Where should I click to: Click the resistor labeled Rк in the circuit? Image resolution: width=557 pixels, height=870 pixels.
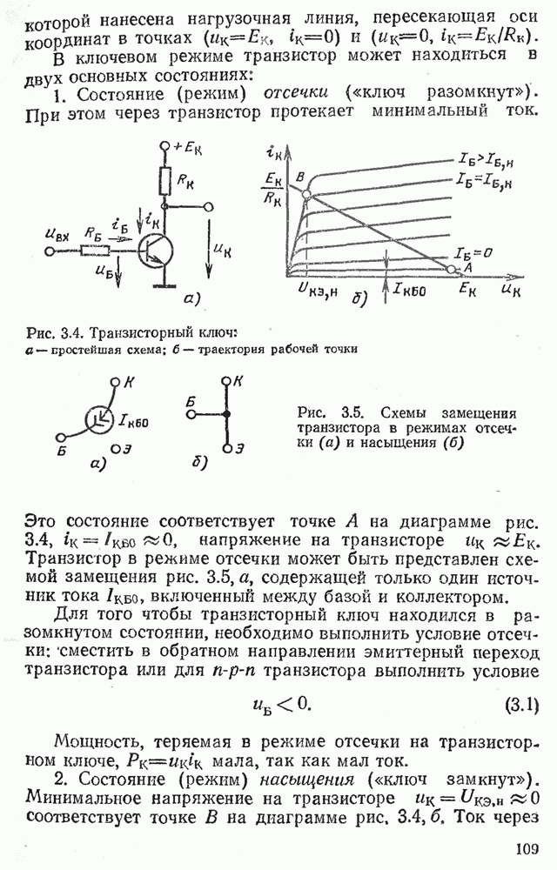point(165,180)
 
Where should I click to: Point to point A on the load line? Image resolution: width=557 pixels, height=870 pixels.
point(451,270)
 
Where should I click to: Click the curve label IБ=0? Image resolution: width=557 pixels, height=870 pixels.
point(474,252)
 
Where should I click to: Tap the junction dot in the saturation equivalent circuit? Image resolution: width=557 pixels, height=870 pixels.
point(226,415)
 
